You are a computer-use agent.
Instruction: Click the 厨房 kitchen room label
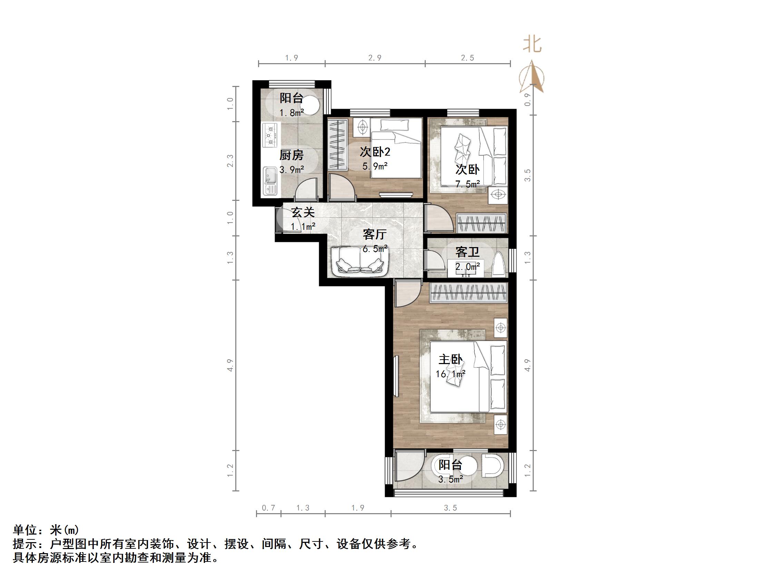click(291, 155)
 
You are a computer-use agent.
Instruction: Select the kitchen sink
click(270, 181)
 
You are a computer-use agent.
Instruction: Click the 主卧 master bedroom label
click(450, 359)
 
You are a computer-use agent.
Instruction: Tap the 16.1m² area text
click(450, 374)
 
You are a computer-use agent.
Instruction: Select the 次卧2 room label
click(375, 151)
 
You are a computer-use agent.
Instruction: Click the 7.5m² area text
click(467, 184)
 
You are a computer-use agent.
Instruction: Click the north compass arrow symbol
click(532, 77)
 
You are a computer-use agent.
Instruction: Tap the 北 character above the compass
click(532, 45)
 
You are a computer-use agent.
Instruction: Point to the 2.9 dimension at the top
click(375, 58)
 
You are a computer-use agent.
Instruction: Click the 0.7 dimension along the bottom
click(268, 508)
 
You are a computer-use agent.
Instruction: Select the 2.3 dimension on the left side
click(230, 161)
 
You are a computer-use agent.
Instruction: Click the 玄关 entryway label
click(303, 212)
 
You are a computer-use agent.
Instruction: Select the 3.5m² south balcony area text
click(450, 480)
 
